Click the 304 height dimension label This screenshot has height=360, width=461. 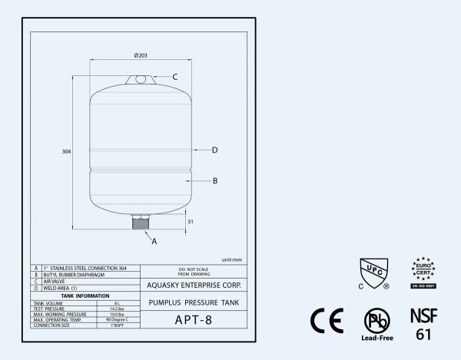[x=66, y=152]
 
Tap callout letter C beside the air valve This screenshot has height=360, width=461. [x=175, y=77]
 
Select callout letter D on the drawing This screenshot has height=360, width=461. [x=215, y=150]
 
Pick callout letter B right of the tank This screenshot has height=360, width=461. [x=215, y=181]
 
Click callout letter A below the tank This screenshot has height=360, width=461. [x=154, y=241]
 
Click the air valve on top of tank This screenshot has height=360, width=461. [x=141, y=78]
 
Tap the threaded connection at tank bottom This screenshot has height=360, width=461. [x=141, y=223]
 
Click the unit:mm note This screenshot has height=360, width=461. [x=232, y=259]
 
